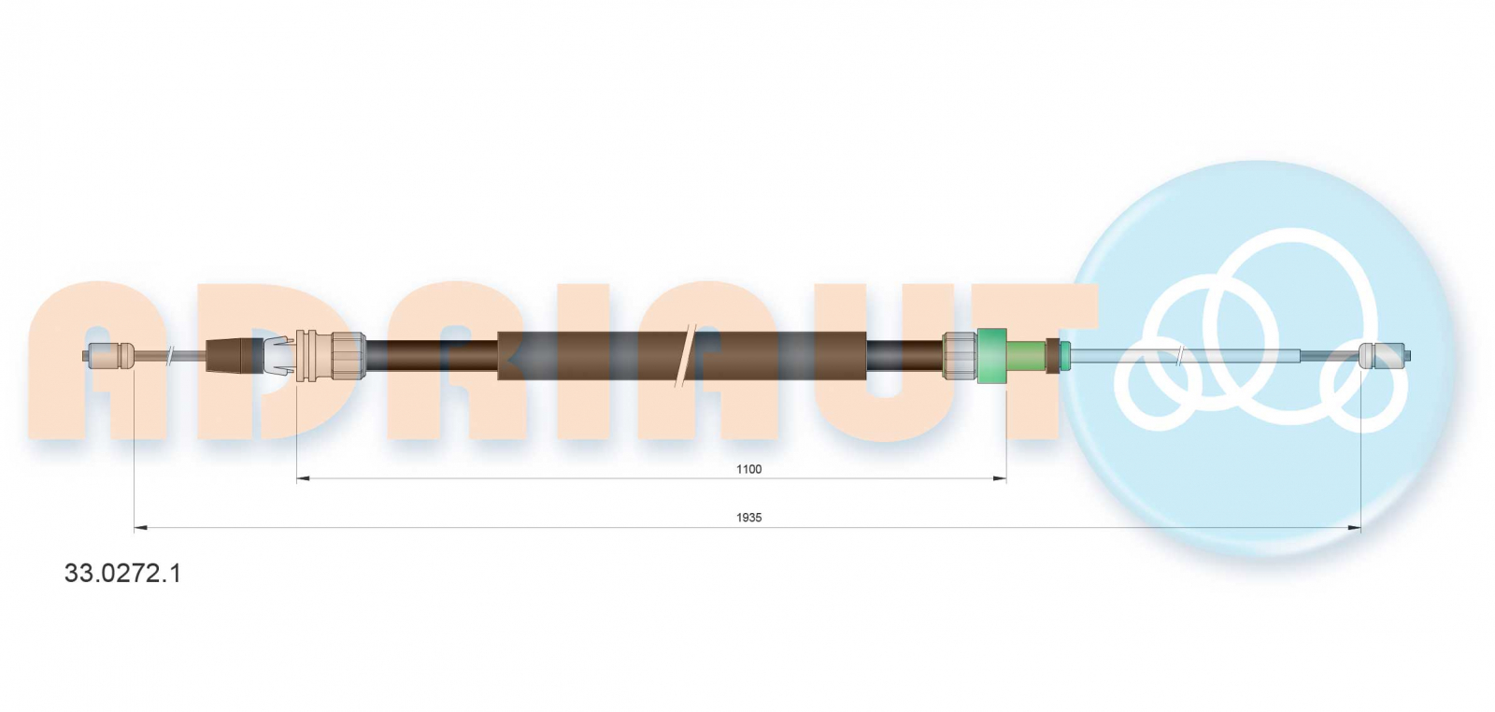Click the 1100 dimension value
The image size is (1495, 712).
tap(748, 469)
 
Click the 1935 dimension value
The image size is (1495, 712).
tap(748, 517)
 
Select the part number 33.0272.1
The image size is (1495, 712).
tap(122, 573)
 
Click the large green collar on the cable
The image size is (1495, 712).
tap(991, 356)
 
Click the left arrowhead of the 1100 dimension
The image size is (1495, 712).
tap(303, 478)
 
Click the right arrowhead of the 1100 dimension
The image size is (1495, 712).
tap(1000, 478)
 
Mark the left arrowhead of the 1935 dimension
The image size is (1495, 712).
tap(141, 528)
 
